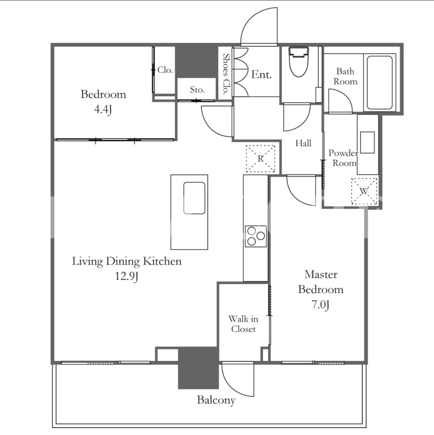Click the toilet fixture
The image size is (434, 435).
(x=299, y=62)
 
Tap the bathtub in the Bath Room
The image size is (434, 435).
(x=380, y=83)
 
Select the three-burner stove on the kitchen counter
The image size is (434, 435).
(x=256, y=236)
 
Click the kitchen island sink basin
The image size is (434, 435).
(x=194, y=198)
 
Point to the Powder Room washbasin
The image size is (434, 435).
(x=367, y=143)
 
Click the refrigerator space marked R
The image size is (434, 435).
(x=260, y=159)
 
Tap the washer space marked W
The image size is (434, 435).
(x=364, y=191)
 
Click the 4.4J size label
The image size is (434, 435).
(x=103, y=110)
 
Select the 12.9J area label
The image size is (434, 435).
(x=127, y=276)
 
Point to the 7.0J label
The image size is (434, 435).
(x=320, y=305)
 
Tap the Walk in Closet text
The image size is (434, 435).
(x=244, y=324)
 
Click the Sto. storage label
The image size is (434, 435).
(x=197, y=90)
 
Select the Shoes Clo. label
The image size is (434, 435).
(x=226, y=74)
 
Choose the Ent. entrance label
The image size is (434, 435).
(x=261, y=75)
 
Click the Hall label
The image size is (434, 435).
(x=303, y=143)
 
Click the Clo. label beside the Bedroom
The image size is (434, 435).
(x=165, y=70)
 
